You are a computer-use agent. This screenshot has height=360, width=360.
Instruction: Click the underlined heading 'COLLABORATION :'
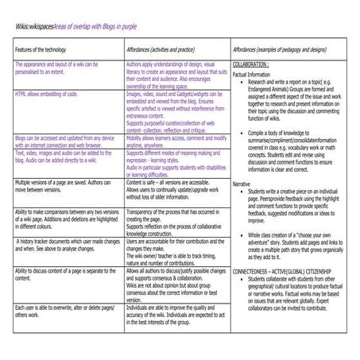[x=256, y=64]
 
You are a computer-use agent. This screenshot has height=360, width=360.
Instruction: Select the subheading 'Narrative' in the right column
[x=242, y=184]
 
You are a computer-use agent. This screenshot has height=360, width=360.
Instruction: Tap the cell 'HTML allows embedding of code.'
[x=46, y=93]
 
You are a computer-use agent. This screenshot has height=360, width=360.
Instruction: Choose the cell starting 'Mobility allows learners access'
[x=176, y=141]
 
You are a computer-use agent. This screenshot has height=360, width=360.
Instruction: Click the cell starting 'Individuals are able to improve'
[x=176, y=313]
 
